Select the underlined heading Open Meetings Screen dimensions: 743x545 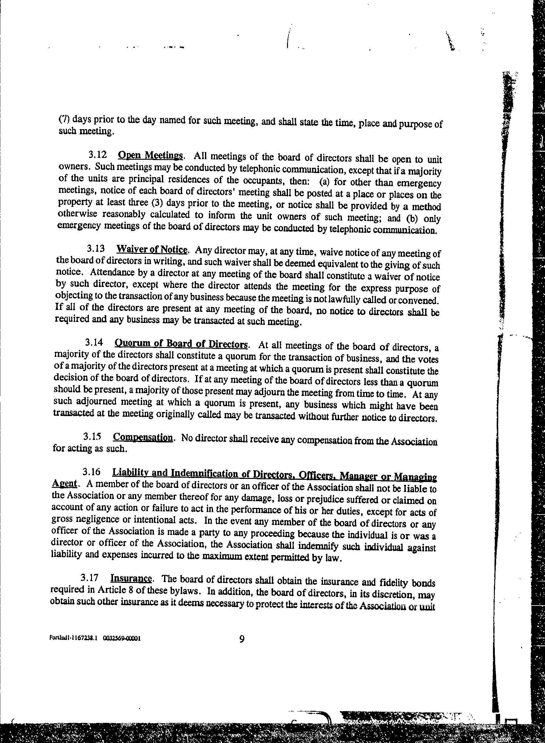[150, 155]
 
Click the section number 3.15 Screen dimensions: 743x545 [92, 437]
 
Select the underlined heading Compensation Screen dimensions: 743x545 [142, 438]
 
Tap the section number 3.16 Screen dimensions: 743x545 [91, 472]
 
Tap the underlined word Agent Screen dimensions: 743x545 [64, 484]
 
